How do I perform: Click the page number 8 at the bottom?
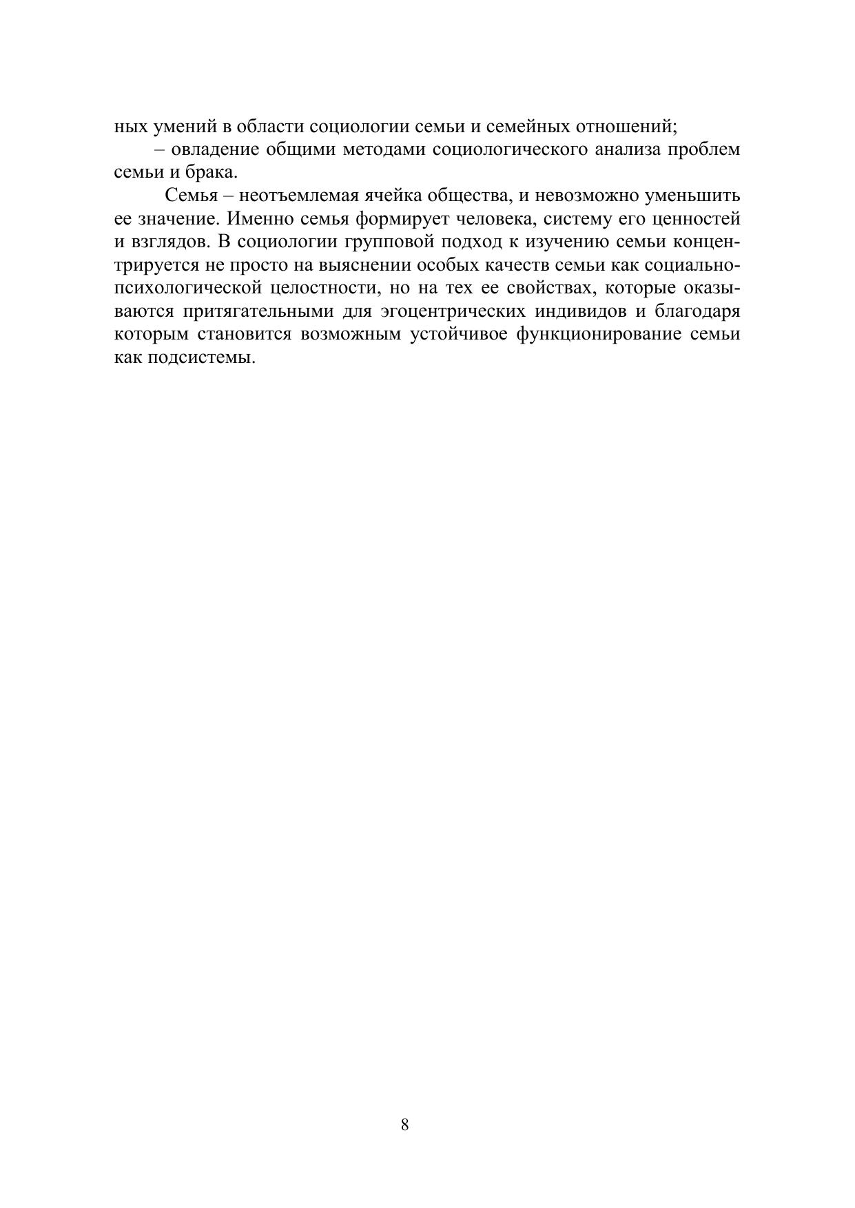pos(404,1125)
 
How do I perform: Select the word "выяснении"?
pos(360,266)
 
